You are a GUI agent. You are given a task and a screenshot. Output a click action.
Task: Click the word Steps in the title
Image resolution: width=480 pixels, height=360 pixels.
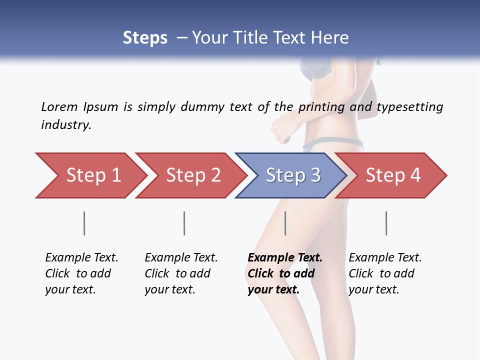145,37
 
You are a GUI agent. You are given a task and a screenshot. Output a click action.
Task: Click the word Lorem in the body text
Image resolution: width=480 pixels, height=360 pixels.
59,106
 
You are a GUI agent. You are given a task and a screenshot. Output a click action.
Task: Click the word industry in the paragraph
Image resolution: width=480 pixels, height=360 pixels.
66,124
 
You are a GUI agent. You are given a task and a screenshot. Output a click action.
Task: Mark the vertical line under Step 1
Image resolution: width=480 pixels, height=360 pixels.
84,223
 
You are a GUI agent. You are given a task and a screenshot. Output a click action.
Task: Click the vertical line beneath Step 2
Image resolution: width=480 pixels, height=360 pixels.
184,223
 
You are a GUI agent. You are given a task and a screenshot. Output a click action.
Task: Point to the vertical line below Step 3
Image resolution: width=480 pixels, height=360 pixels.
285,223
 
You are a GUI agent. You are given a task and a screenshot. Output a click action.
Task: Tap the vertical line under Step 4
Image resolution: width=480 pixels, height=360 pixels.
386,223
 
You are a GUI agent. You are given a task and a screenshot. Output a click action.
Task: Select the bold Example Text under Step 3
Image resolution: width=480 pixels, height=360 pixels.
285,258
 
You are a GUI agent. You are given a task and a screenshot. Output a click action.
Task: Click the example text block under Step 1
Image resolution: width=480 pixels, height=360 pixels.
81,273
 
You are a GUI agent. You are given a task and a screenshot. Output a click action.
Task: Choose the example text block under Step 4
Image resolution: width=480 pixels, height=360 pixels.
385,273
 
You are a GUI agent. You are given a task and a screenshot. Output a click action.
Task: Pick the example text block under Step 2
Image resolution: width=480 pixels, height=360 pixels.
181,273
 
